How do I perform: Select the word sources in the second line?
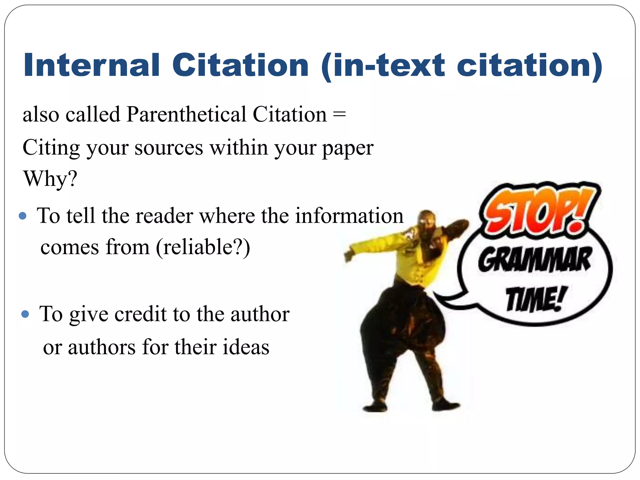169,147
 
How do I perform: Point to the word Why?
50,179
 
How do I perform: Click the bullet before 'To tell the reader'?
22,216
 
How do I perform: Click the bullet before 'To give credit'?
25,314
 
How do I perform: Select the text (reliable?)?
203,247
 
